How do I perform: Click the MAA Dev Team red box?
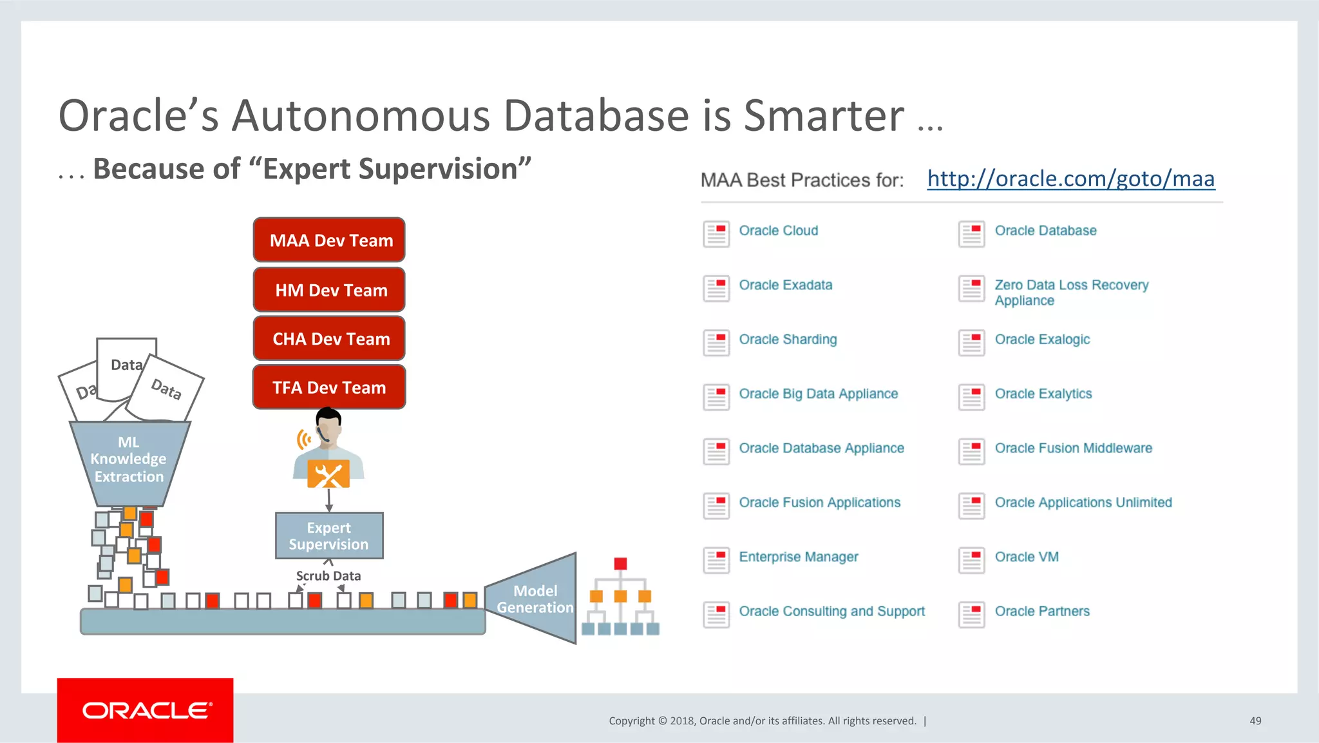point(329,240)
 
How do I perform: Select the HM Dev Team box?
point(329,290)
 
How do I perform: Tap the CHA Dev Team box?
point(329,339)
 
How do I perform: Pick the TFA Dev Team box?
point(329,387)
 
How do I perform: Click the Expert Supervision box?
point(329,536)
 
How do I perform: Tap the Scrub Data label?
point(328,575)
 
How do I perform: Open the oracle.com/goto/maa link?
point(1070,179)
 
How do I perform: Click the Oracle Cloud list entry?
point(778,231)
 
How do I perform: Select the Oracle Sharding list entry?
point(788,340)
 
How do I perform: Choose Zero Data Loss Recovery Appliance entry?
point(1070,292)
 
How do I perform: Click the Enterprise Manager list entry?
point(798,557)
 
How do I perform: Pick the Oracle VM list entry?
point(1026,557)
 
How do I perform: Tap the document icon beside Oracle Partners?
point(971,614)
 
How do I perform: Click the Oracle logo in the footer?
point(146,710)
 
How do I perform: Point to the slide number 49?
point(1255,721)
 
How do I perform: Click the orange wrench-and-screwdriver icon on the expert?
point(328,475)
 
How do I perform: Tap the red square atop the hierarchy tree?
point(620,564)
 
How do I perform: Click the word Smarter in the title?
point(824,116)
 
